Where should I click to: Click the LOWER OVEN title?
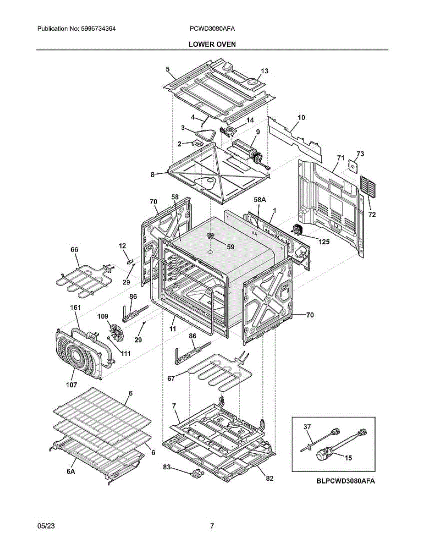pyautogui.click(x=212, y=44)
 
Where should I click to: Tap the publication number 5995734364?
pyautogui.click(x=99, y=29)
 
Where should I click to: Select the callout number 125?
pyautogui.click(x=324, y=242)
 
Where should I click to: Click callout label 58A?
pyautogui.click(x=260, y=200)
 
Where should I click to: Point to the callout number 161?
pyautogui.click(x=75, y=308)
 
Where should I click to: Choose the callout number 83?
pyautogui.click(x=166, y=467)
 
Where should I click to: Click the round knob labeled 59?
pyautogui.click(x=210, y=236)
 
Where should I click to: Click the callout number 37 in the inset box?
pyautogui.click(x=307, y=427)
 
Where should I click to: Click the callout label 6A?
pyautogui.click(x=71, y=472)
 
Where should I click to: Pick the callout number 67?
pyautogui.click(x=171, y=379)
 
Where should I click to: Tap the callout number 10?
pyautogui.click(x=301, y=117)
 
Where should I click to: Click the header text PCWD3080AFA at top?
pyautogui.click(x=212, y=29)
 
